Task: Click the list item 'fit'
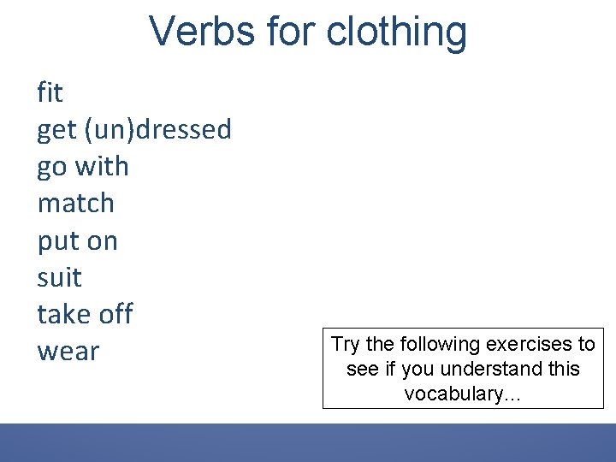coord(50,92)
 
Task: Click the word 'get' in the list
coord(56,130)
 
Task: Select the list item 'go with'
coord(83,166)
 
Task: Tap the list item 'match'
coord(75,203)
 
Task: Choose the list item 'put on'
coord(77,241)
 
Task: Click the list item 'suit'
coord(59,277)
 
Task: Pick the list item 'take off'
coord(85,314)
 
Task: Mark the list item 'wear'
coord(68,352)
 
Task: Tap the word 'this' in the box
coord(560,370)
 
